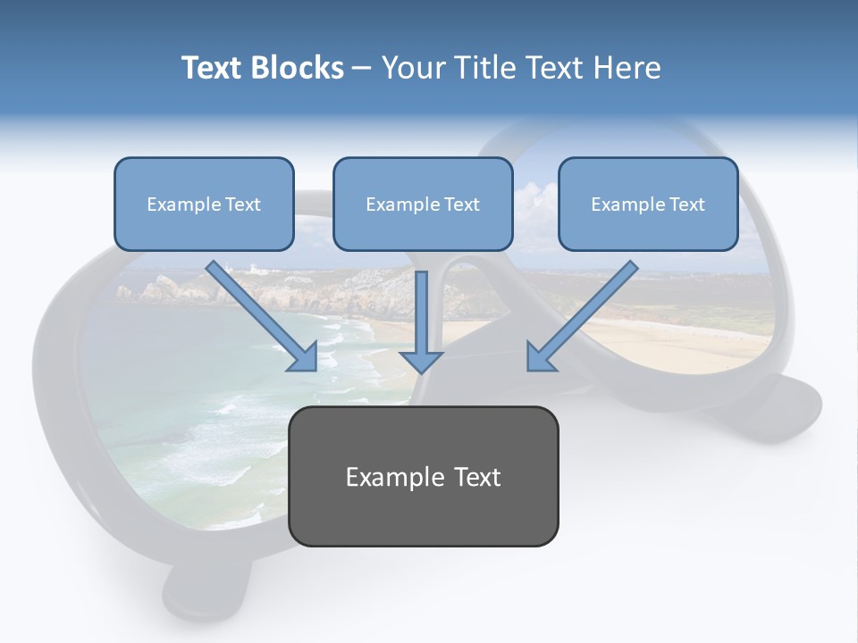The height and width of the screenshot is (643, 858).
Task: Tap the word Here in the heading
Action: (625, 68)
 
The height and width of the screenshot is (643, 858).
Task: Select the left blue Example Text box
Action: (204, 205)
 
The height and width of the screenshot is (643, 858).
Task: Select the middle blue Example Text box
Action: (423, 205)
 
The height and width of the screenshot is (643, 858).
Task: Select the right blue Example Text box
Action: (648, 205)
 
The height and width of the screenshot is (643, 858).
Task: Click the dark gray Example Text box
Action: (424, 477)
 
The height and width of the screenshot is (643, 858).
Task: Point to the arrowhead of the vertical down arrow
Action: (421, 361)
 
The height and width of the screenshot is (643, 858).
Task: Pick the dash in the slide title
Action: (362, 68)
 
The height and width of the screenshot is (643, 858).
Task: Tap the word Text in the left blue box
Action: (243, 205)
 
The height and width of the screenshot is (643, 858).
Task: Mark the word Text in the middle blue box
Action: (462, 205)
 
